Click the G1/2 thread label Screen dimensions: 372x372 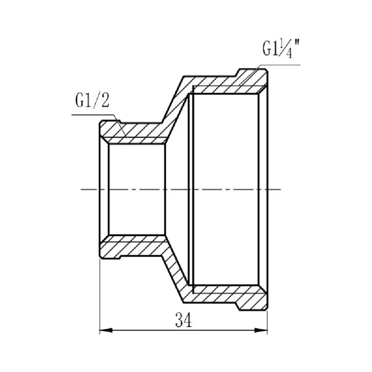click(x=92, y=101)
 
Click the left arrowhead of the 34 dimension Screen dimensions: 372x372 click(x=106, y=330)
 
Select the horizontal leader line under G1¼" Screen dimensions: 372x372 click(x=281, y=65)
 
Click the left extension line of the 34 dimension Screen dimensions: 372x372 click(x=100, y=298)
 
